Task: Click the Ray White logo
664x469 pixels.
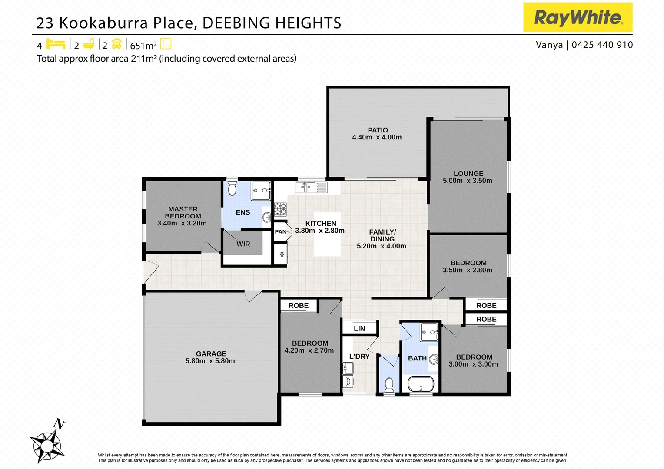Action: coord(578,17)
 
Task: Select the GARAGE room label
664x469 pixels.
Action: coord(211,353)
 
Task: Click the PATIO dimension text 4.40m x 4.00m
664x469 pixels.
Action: coord(377,137)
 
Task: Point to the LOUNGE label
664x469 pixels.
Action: coord(468,173)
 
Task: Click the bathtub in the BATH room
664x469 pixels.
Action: coord(420,384)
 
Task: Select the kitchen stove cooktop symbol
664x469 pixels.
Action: coord(280,209)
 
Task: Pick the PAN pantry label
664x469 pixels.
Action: coord(281,231)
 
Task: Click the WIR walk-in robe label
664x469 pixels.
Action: coord(243,244)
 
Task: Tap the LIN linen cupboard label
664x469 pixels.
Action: coord(359,328)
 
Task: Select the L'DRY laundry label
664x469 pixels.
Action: coord(359,356)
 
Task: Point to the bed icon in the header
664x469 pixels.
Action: coord(56,44)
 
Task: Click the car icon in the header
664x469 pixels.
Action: coord(116,44)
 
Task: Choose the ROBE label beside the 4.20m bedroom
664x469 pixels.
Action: coord(299,305)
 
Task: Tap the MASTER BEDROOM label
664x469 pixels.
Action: coord(183,212)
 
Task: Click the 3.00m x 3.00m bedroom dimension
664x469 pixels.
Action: coord(473,364)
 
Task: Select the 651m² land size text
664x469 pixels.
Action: coord(143,46)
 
